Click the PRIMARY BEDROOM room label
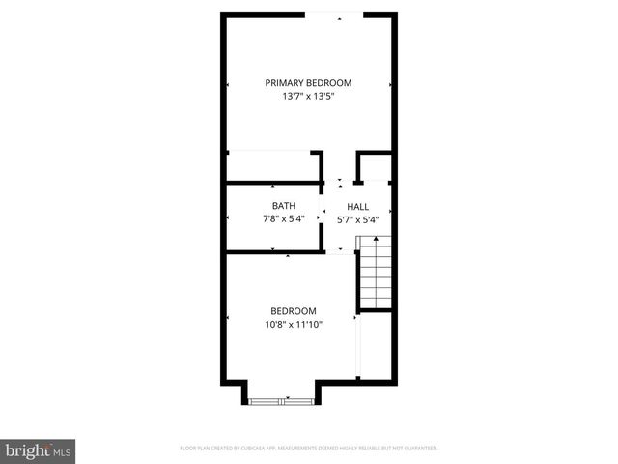pos(308,83)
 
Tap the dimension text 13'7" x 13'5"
pos(308,97)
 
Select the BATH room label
pos(283,206)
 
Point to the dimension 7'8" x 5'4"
pos(283,219)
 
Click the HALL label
pos(358,206)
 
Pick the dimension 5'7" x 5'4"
pos(358,219)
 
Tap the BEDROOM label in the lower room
pos(293,311)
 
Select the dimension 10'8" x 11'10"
pos(293,325)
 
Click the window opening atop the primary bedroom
pos(334,14)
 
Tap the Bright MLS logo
pos(38,450)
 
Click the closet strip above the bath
pos(273,166)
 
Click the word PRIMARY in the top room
pos(287,83)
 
